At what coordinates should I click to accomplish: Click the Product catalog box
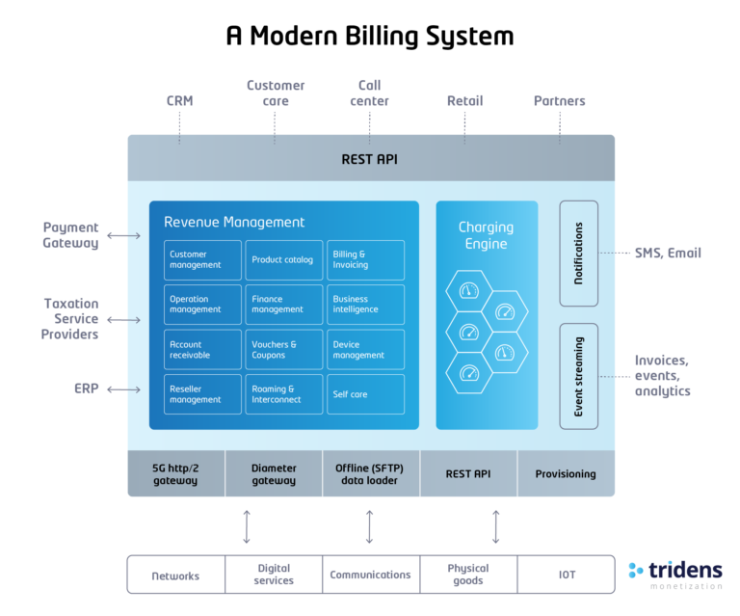283,260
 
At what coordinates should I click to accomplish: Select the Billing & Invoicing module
365,260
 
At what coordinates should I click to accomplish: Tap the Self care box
365,394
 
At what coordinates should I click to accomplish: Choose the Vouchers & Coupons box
283,350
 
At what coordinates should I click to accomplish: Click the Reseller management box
201,394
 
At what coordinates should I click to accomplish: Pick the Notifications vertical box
578,254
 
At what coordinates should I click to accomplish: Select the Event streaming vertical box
578,376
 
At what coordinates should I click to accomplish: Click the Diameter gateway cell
274,473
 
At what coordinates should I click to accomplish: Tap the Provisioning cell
566,473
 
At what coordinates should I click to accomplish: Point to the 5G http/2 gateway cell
175,473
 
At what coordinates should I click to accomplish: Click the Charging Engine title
486,235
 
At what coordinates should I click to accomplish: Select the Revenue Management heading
234,222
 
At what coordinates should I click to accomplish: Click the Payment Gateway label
70,235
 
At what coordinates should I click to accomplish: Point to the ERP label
87,389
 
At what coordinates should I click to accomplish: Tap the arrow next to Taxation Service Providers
122,318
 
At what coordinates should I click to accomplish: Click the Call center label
369,93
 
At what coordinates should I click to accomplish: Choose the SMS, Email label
668,254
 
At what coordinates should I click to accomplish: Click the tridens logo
674,575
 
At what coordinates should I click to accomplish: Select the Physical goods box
468,575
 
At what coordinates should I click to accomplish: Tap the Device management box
365,350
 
